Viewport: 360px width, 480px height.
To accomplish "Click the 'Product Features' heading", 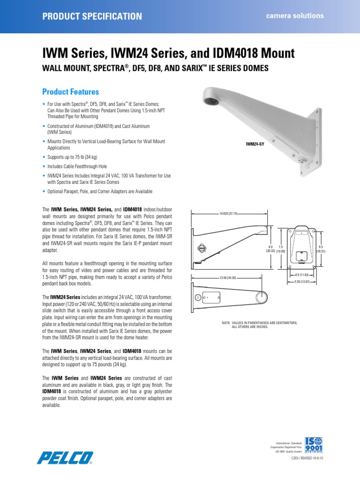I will tap(71, 91).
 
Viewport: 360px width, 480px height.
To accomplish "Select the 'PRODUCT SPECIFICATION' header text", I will tap(92, 16).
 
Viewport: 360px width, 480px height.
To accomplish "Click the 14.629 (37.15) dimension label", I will tap(229, 213).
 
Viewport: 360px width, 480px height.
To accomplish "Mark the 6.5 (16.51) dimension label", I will tap(321, 249).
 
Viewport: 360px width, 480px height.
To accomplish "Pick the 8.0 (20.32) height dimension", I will tap(270, 249).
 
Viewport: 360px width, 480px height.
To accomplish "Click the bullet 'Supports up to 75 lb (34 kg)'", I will tap(72, 157).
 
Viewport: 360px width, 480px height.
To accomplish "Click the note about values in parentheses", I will tap(259, 325).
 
